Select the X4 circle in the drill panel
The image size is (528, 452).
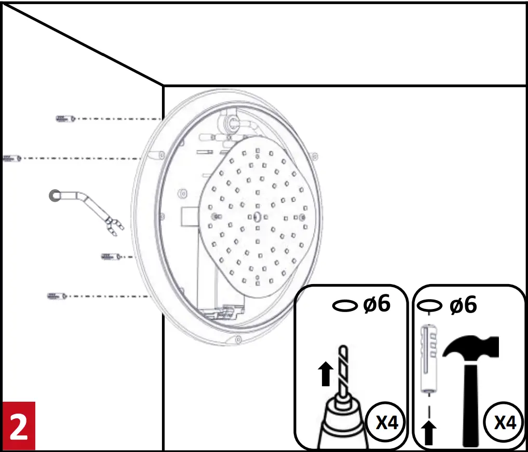(x=386, y=423)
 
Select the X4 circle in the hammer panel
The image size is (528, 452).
(x=504, y=423)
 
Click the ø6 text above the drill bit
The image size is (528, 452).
(x=376, y=305)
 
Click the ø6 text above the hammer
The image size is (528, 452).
(x=463, y=305)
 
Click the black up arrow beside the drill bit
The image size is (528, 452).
(x=326, y=373)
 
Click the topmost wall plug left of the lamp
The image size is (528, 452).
(x=65, y=119)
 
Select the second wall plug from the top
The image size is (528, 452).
(x=11, y=158)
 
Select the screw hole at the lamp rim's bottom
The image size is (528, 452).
(x=238, y=340)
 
